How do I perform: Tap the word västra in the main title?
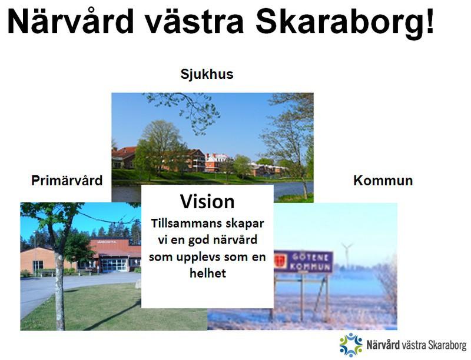[194, 22]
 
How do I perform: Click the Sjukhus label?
[207, 74]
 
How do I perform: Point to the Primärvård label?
[67, 181]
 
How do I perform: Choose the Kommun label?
[383, 181]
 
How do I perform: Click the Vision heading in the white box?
[207, 201]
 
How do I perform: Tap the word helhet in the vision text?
[208, 273]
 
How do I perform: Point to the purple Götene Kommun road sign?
[303, 261]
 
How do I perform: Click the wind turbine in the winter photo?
[347, 254]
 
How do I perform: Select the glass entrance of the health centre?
[114, 265]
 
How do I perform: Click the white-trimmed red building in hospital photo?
[215, 162]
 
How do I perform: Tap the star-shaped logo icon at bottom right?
[351, 345]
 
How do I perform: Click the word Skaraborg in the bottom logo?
[447, 345]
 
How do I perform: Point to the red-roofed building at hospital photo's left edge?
[123, 158]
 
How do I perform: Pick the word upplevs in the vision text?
[199, 258]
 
